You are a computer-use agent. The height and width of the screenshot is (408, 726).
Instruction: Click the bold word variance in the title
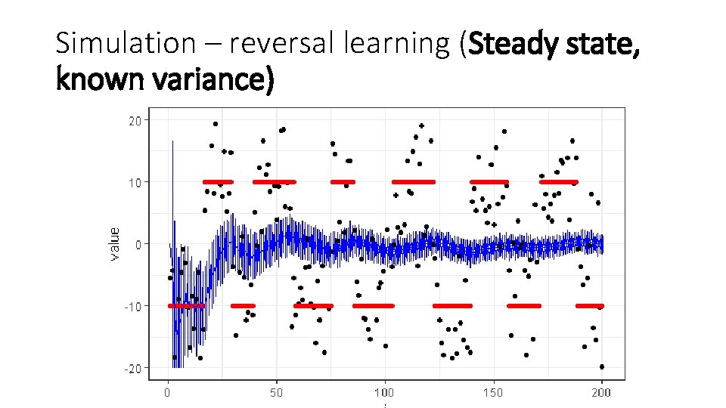(x=211, y=78)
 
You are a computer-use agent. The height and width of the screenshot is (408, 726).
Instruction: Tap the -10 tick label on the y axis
(x=134, y=306)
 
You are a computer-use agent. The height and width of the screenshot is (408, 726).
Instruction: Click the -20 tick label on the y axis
(x=134, y=368)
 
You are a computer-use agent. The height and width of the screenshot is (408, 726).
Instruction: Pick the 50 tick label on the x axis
(x=276, y=393)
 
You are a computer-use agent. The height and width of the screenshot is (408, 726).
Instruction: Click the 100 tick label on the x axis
(x=384, y=393)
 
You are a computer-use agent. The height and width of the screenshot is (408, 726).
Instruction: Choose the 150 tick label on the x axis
(x=493, y=393)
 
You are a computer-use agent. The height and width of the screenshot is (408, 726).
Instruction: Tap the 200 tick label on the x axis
(x=601, y=393)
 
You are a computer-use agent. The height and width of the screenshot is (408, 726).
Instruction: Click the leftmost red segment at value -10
(x=186, y=306)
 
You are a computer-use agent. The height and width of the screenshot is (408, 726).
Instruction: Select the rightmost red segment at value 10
(x=558, y=182)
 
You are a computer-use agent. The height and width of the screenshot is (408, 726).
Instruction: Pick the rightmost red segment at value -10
(x=589, y=306)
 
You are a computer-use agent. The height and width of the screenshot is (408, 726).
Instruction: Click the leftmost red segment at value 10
(x=217, y=182)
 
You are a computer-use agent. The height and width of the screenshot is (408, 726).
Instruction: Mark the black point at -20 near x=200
(x=602, y=366)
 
